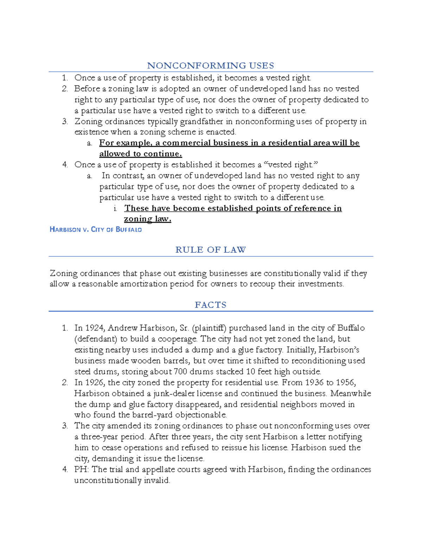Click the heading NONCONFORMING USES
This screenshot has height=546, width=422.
point(210,66)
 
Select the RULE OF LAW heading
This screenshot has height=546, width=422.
point(210,250)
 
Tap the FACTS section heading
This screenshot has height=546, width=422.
point(210,305)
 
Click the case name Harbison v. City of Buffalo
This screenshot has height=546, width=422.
point(96,230)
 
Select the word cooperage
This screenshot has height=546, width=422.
point(177,339)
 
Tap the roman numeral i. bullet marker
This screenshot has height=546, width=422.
point(115,208)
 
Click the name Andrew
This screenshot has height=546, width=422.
point(122,328)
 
